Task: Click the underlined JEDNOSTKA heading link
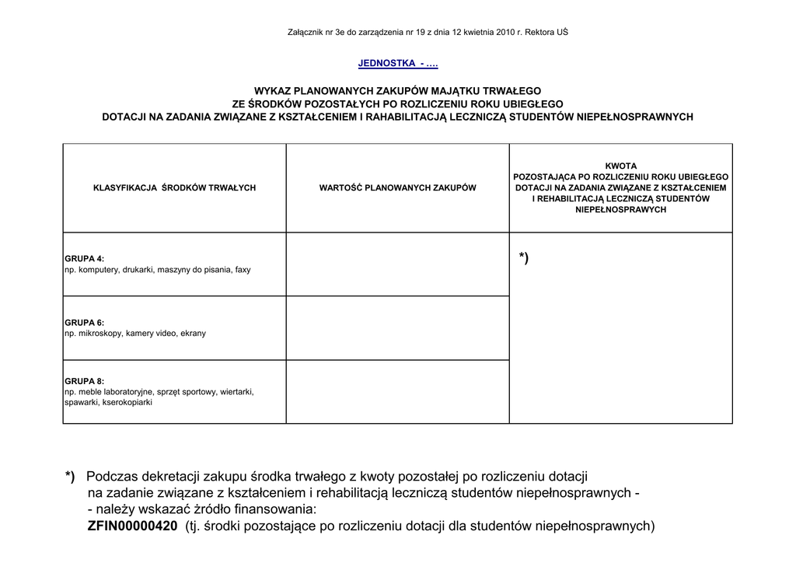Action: coord(398,63)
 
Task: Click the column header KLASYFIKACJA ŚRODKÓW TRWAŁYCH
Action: coord(174,188)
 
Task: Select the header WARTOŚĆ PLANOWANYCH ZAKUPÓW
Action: coord(397,188)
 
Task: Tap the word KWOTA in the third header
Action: coord(620,166)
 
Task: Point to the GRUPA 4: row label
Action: coord(84,259)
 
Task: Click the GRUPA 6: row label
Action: coord(84,323)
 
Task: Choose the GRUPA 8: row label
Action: coord(84,382)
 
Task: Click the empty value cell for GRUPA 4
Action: coord(397,264)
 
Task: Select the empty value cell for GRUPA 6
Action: coord(397,328)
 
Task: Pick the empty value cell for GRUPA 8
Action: coord(397,392)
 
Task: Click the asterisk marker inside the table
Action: coord(524,258)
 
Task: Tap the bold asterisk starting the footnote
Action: coord(70,477)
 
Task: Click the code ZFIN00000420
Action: coord(133,526)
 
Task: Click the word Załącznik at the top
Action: coord(306,32)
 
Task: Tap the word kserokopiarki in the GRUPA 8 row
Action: coord(127,403)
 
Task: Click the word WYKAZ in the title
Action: coord(272,91)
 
